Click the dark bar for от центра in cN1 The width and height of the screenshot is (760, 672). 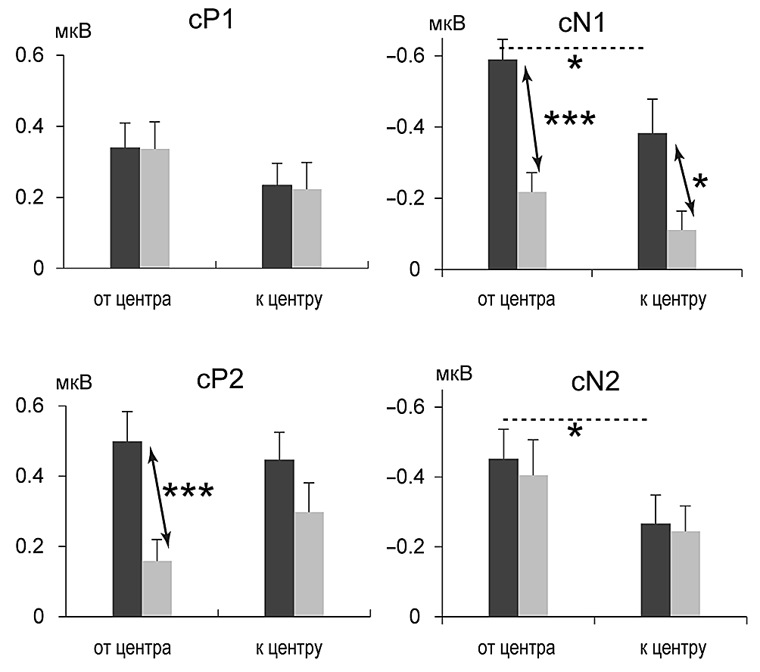(x=503, y=164)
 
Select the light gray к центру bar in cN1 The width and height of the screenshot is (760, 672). (x=682, y=250)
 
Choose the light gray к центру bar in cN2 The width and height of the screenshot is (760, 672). (x=685, y=574)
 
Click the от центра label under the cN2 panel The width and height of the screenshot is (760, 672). (x=515, y=649)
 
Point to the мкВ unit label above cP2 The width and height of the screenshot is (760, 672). (x=73, y=383)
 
